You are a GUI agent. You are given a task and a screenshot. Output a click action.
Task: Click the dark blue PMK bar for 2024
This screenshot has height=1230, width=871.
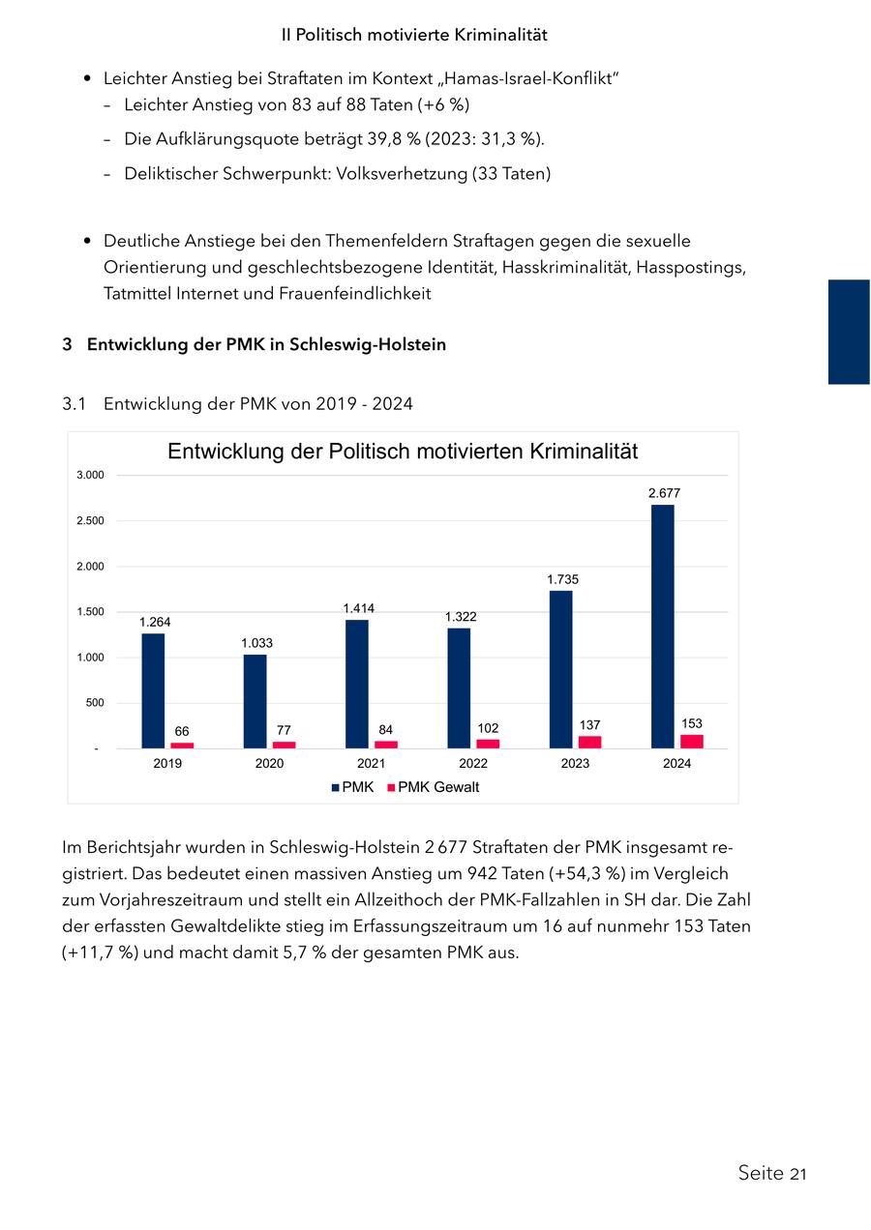click(662, 627)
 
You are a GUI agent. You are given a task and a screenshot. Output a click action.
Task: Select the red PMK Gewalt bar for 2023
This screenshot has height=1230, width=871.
click(589, 742)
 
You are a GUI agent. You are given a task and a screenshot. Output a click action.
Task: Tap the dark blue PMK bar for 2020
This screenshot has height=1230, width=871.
click(255, 701)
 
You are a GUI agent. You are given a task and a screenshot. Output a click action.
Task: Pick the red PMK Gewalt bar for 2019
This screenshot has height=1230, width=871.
click(182, 745)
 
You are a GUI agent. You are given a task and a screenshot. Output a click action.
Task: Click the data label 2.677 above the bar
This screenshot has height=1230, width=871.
click(664, 493)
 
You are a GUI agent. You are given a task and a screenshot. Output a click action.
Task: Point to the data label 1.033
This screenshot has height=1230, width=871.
click(256, 643)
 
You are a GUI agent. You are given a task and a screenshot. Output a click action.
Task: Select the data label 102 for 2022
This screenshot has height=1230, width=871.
click(489, 727)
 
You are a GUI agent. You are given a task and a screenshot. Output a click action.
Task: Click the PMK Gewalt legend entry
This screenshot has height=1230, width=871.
click(437, 787)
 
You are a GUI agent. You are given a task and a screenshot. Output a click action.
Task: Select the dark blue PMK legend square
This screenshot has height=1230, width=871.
click(335, 788)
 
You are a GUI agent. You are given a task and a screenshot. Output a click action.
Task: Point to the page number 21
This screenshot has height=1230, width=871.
click(797, 1174)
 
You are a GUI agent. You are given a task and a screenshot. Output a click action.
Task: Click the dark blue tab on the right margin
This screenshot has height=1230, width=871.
click(849, 332)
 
